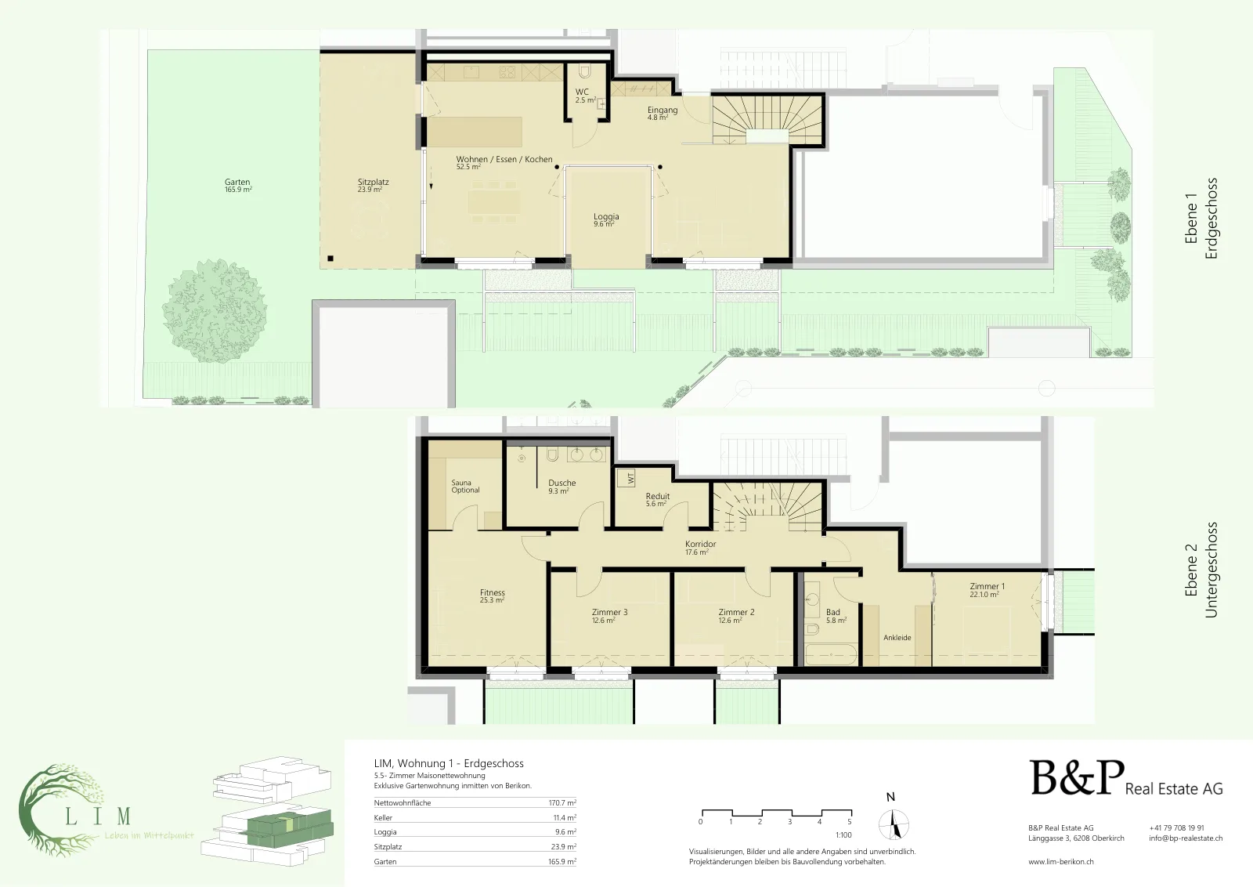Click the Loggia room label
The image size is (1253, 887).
click(606, 216)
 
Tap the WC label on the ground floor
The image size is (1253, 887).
click(582, 92)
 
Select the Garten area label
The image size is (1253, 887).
click(237, 182)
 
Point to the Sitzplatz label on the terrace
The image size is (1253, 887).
click(373, 182)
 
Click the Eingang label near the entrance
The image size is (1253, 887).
click(663, 110)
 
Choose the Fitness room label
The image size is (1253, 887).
click(493, 592)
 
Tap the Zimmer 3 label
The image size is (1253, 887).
click(610, 612)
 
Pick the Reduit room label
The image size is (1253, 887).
click(657, 496)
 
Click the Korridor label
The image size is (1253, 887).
click(700, 544)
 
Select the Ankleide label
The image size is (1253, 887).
click(897, 637)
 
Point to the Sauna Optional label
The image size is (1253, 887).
click(465, 487)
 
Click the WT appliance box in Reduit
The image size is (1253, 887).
click(626, 478)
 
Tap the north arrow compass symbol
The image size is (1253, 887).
click(894, 825)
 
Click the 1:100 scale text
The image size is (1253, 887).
click(843, 835)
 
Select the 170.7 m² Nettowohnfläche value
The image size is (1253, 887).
click(562, 802)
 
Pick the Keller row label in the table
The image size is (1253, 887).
click(383, 817)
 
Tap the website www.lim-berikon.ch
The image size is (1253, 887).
click(1060, 862)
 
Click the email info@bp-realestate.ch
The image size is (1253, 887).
click(1186, 838)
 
